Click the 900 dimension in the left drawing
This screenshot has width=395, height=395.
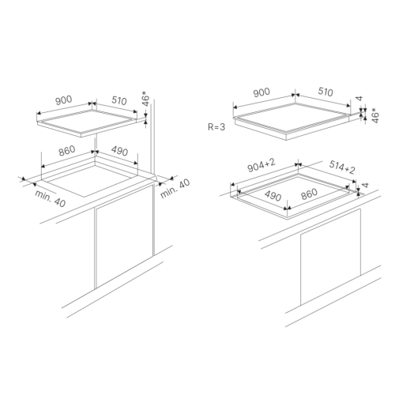coord(64,100)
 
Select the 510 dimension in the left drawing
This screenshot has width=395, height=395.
coord(119,100)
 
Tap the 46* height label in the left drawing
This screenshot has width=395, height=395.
coord(145,99)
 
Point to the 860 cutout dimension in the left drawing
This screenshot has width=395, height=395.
coord(67,151)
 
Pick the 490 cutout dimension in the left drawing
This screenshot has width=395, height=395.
coord(119,151)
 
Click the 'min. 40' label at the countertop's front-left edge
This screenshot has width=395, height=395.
coord(50,198)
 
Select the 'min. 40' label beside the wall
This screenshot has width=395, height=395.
coord(175,189)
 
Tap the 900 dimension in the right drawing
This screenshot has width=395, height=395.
coord(261,92)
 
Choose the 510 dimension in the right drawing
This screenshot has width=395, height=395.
coord(325,92)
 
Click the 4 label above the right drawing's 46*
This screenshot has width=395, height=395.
coord(359,99)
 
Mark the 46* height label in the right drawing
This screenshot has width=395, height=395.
coord(375,115)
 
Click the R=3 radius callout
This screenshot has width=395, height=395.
coord(216,127)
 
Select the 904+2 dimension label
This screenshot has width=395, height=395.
coord(261,165)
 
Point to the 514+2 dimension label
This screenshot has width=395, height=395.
coord(342,167)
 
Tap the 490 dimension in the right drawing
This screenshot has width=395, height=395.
coord(273,196)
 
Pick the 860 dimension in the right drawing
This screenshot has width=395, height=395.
coord(309,194)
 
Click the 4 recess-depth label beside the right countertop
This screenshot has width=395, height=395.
coord(365,185)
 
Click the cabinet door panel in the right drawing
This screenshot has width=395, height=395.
coord(330,258)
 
